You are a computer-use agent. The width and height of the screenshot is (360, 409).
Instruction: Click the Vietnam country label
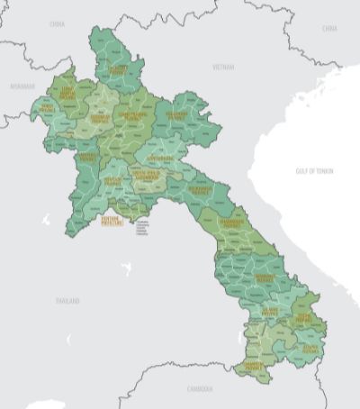(x=222, y=67)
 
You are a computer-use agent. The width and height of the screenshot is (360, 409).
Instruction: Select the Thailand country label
(x=67, y=300)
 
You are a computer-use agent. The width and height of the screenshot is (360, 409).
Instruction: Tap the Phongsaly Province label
(x=119, y=68)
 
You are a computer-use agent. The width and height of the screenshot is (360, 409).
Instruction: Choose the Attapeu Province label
(x=309, y=348)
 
